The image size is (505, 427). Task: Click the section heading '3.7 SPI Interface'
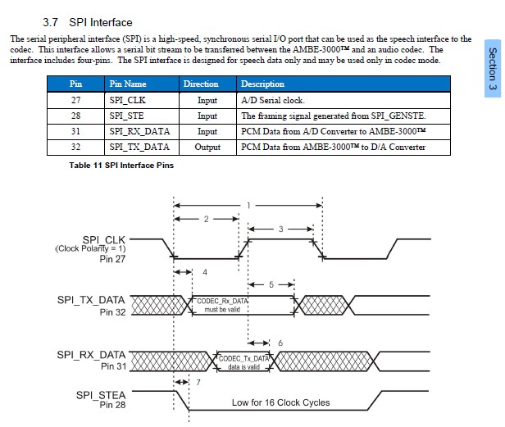[87, 23]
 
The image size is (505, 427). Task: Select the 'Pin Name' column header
[127, 84]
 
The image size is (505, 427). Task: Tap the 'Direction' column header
[201, 84]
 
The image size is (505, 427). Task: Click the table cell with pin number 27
[75, 100]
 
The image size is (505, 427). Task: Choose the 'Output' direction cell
[207, 147]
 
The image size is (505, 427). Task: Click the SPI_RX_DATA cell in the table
[139, 131]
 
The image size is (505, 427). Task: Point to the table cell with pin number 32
[75, 147]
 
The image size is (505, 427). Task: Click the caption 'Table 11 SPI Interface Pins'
[121, 165]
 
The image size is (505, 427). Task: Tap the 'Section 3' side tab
[493, 69]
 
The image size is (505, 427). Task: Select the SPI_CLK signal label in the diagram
[102, 238]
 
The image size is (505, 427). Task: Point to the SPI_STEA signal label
[101, 395]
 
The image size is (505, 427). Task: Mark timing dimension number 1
[248, 204]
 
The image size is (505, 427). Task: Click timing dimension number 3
[280, 229]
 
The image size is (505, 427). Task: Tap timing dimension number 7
[197, 383]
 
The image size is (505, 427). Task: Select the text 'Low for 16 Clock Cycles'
[281, 402]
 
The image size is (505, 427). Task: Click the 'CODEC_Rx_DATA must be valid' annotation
[221, 306]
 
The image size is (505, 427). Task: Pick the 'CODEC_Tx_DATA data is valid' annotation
[243, 362]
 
